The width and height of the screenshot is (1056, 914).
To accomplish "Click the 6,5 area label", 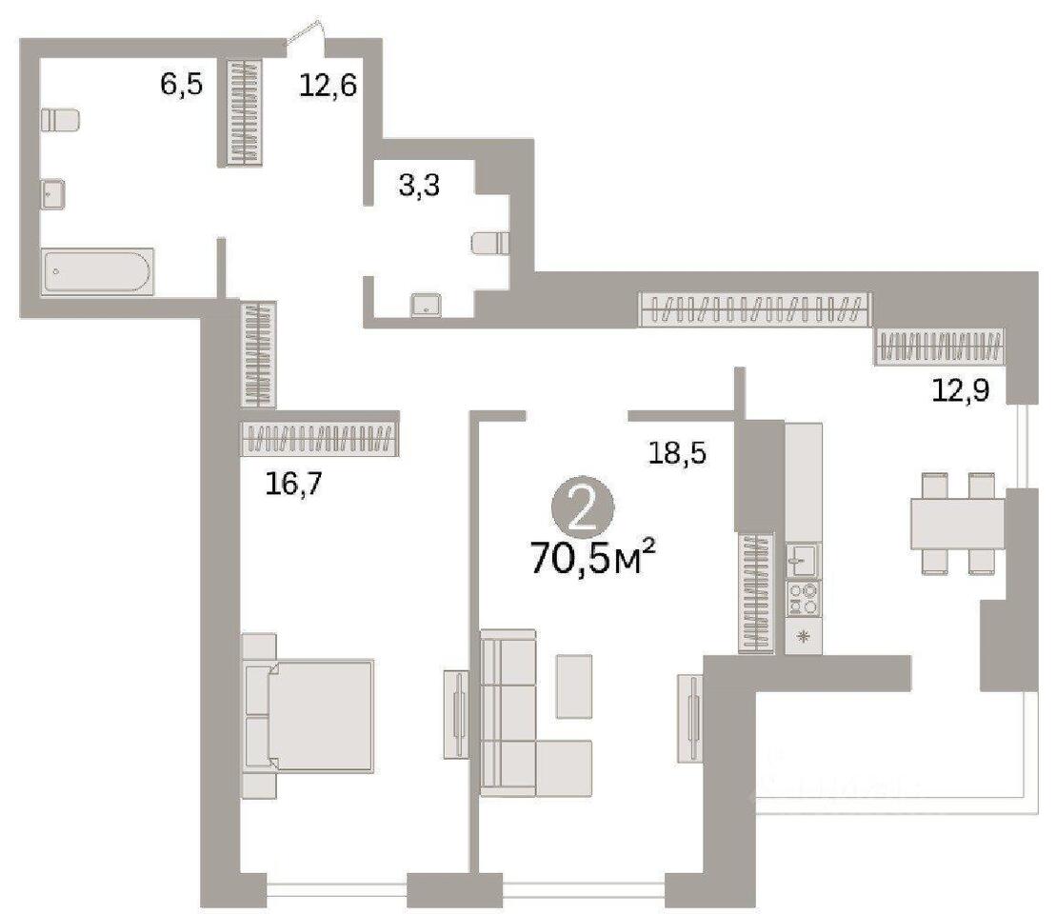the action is point(181,86).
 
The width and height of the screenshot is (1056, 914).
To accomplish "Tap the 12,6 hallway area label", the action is point(328,86).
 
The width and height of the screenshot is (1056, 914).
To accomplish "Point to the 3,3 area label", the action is point(419,186).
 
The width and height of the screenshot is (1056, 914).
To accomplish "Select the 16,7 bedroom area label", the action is point(293,484).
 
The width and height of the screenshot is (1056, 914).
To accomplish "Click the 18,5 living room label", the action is point(677,453).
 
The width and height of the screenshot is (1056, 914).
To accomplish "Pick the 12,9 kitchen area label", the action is point(961,389).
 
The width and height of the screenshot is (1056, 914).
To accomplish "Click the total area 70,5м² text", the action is point(592,559).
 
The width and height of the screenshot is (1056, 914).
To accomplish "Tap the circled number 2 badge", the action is point(583,513).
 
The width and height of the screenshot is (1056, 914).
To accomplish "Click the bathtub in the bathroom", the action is point(98,271).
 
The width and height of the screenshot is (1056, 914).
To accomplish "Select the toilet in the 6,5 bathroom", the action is point(60,120).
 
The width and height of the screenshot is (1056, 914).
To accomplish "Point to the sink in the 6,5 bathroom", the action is point(52,194).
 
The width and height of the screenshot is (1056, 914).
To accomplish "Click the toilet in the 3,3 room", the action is point(490,243).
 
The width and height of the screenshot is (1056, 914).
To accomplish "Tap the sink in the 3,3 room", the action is point(426,306).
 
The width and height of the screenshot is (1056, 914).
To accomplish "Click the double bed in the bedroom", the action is point(308,715).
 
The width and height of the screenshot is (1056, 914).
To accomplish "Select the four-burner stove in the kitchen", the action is point(804,599).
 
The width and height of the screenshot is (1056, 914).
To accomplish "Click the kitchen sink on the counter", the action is point(804,561).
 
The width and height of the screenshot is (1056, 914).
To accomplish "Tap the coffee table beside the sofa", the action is point(574,686).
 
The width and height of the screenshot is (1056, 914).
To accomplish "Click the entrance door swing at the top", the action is point(307,33).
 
